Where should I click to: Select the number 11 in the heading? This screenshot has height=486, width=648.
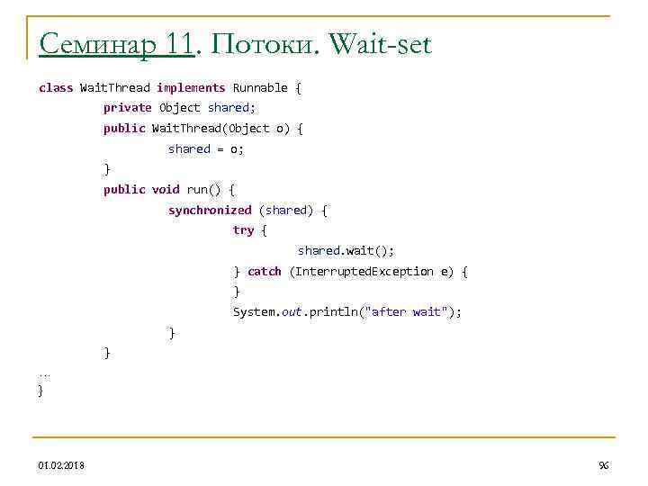coord(179,43)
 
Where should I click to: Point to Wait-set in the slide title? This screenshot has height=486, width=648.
coord(381,43)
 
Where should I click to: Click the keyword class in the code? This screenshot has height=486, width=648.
coord(56,87)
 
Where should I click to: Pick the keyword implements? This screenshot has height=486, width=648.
coord(191,87)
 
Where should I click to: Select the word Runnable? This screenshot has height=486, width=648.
coord(260,87)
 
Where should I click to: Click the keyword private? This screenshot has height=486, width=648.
coord(128,107)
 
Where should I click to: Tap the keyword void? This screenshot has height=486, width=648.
coord(166,189)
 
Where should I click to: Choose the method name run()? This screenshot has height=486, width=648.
coord(203,189)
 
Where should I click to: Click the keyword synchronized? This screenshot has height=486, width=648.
coord(210,210)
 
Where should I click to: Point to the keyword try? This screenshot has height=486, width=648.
coord(243,230)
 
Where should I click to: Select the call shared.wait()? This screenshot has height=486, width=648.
coord(346,250)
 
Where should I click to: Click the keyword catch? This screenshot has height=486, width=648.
coord(265,271)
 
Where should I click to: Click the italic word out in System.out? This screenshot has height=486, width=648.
coord(290,312)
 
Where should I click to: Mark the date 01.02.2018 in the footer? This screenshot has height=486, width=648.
coord(62,464)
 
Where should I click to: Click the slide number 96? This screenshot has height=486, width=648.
coord(603,464)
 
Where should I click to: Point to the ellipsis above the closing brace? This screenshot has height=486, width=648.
coord(45,372)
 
